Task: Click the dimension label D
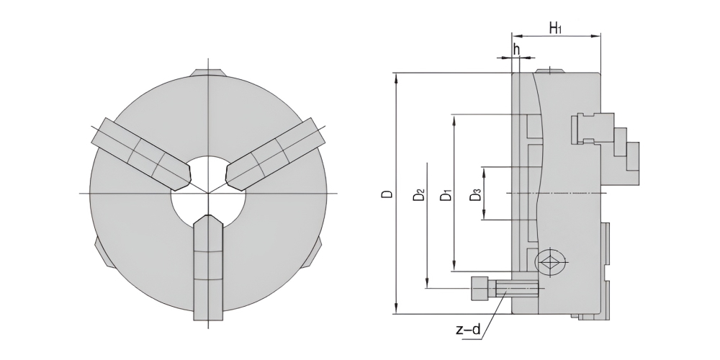pos(389,194)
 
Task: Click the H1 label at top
pos(556,28)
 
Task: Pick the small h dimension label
pos(516,49)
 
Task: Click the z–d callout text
pos(468,329)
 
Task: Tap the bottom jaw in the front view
pos(209,269)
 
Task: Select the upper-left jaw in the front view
pos(141,154)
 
